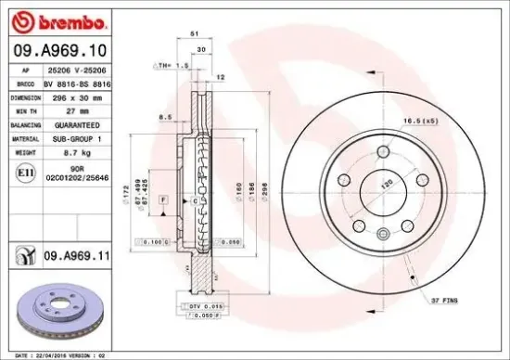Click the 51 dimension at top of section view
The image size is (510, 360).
(x=195, y=32)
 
